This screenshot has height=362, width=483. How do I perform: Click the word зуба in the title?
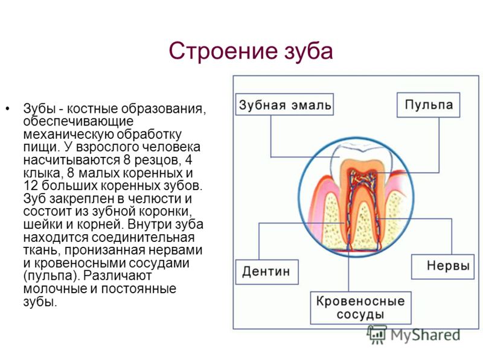[308, 51]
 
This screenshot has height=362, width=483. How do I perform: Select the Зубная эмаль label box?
[284, 104]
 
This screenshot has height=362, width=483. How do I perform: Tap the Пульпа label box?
[428, 105]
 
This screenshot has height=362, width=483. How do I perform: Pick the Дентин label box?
[267, 272]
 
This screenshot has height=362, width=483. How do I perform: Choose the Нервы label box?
[443, 267]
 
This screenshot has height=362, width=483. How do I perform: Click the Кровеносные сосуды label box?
[360, 308]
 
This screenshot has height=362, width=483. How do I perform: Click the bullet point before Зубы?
[7, 109]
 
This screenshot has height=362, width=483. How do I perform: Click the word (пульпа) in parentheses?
[51, 276]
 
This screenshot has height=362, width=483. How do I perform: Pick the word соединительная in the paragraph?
[143, 237]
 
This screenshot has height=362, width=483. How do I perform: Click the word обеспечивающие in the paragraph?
[78, 121]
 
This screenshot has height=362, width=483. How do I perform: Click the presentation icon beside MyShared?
[376, 335]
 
